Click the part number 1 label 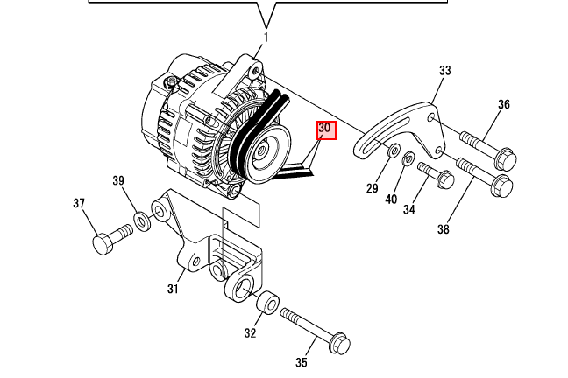[x=266, y=38]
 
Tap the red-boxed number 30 [x=325, y=129]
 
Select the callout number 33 [x=444, y=71]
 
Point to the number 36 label [x=504, y=105]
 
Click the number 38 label [x=443, y=230]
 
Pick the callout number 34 [x=408, y=210]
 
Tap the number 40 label [x=391, y=199]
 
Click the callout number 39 [x=118, y=181]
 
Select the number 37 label [x=79, y=204]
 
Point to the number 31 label [x=173, y=289]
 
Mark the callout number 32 [x=251, y=332]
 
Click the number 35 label [x=302, y=362]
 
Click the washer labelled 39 [x=141, y=220]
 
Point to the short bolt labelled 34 [x=434, y=174]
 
